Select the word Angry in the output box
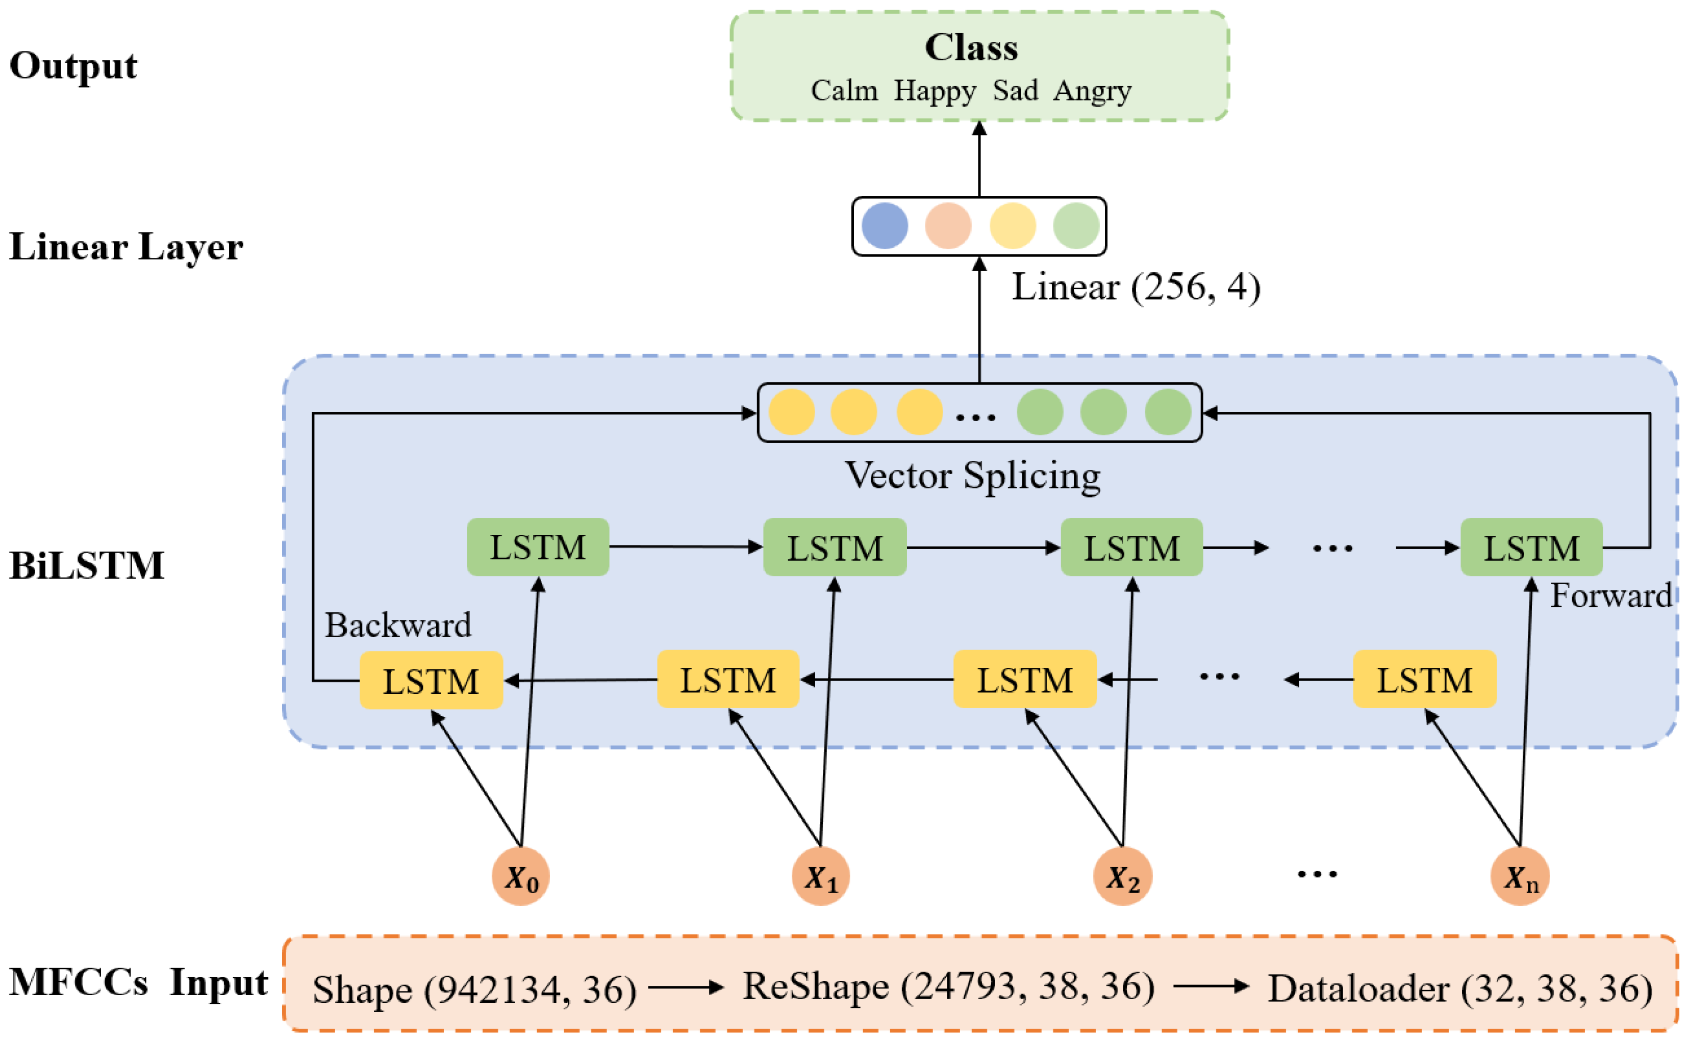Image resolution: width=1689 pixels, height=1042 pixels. [x=1092, y=91]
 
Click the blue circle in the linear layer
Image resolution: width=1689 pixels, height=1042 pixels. [x=885, y=226]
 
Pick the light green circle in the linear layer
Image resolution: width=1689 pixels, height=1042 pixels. [x=1076, y=226]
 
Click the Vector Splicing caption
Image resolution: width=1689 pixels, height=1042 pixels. [x=972, y=476]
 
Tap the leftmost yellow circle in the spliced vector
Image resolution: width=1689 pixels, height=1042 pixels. [x=791, y=412]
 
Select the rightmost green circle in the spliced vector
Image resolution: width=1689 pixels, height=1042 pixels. [x=1168, y=412]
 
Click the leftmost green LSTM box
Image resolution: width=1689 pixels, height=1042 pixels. [x=538, y=547]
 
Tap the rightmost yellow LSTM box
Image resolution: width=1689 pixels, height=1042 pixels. [x=1424, y=680]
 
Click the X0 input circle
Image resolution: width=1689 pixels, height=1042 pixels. [x=520, y=877]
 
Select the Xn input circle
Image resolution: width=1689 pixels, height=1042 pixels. [x=1520, y=877]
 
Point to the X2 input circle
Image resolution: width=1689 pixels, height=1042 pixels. [x=1122, y=877]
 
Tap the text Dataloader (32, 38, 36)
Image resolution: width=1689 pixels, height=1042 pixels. [x=1460, y=988]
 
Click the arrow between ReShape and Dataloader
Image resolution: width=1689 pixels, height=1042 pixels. [x=1211, y=987]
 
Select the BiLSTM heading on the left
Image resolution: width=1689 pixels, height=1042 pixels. [x=87, y=565]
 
